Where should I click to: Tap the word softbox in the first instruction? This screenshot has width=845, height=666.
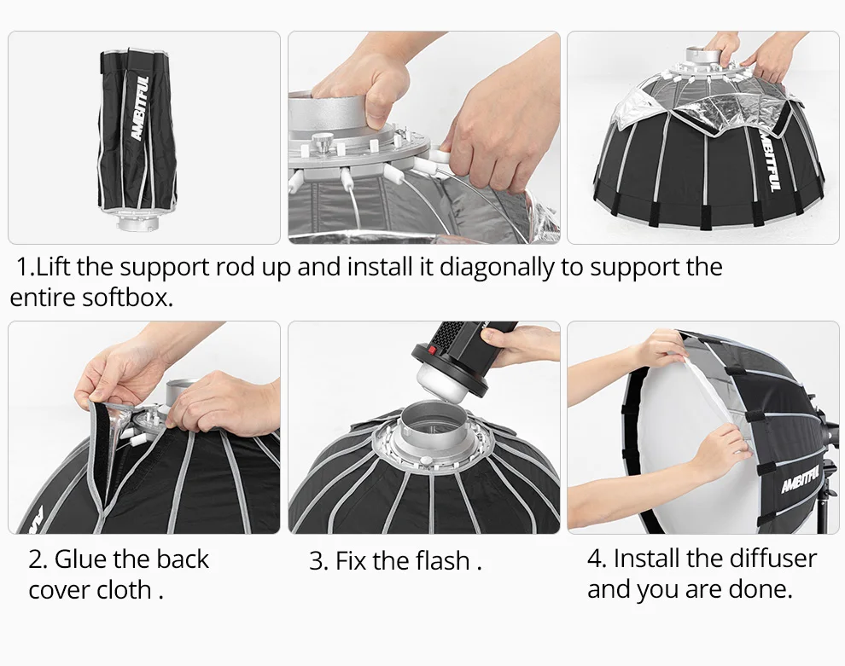[x=127, y=298]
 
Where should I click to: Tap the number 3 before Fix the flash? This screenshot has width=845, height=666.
[x=318, y=561]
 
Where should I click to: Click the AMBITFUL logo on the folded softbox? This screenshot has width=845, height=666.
[x=139, y=107]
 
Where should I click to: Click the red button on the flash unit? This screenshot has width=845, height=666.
[x=432, y=351]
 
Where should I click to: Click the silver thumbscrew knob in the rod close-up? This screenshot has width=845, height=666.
[x=323, y=144]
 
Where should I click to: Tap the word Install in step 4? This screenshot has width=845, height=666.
[x=644, y=559]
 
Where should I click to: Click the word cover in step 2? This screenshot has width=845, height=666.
[x=59, y=590]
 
